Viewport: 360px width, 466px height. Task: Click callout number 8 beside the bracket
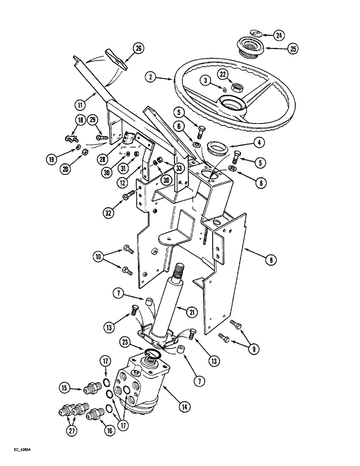point(269,261)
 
